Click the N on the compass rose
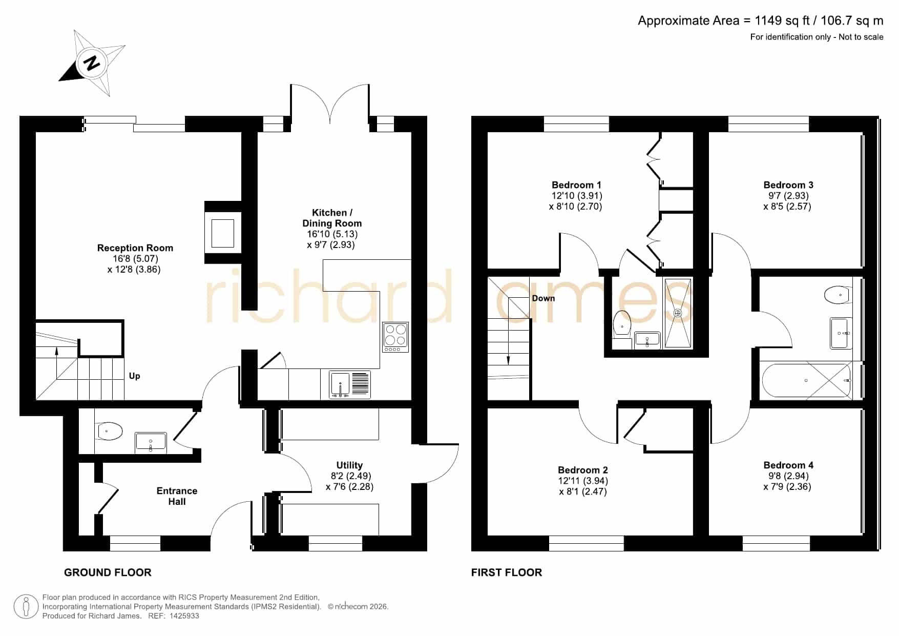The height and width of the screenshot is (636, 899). pyautogui.click(x=92, y=63)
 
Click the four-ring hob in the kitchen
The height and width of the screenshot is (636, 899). pyautogui.click(x=395, y=337)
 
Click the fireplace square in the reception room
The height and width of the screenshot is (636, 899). pyautogui.click(x=223, y=233)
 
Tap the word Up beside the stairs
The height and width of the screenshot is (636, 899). pyautogui.click(x=135, y=376)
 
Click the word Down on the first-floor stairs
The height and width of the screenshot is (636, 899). pyautogui.click(x=543, y=298)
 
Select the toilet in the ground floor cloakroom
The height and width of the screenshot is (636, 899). pyautogui.click(x=109, y=431)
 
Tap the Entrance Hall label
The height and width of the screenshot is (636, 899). pyautogui.click(x=177, y=496)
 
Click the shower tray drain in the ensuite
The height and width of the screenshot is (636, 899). pyautogui.click(x=678, y=313)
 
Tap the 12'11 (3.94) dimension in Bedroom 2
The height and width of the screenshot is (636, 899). pyautogui.click(x=583, y=481)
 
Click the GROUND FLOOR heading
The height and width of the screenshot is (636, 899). pyautogui.click(x=108, y=572)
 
